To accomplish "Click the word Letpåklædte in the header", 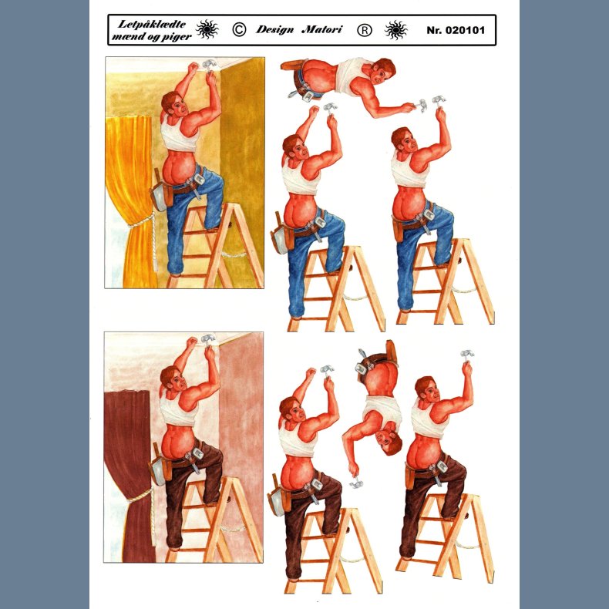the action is click(151, 24).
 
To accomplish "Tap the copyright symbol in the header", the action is click(239, 29).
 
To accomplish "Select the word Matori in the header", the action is click(322, 29).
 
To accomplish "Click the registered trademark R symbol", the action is click(365, 30).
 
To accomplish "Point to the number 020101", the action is click(465, 30).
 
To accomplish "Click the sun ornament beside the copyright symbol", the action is click(207, 29).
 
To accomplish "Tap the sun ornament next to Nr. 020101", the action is click(395, 30).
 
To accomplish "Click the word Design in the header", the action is click(274, 30).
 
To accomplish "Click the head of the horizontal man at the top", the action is click(382, 72).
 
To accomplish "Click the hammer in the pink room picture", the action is click(208, 338).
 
